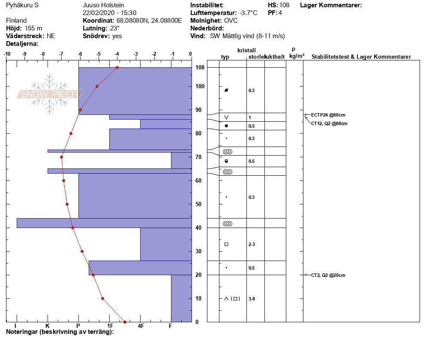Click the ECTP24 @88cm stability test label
coord(328,115)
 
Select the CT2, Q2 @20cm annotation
coord(328,275)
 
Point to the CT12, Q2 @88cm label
coord(329,123)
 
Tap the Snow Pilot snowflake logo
coord(49,94)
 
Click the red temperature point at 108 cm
coord(117,67)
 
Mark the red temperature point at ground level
coord(125,322)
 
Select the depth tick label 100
coord(200,87)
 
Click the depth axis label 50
coord(198,204)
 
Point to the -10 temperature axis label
coord(7,54)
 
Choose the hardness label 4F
coord(141,326)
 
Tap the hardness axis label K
coord(47,326)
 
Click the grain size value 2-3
coord(252,245)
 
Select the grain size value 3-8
coord(252,299)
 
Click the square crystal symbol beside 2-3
coord(226,244)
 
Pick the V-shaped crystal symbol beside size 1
coord(226,117)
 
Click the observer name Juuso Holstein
coord(103,5)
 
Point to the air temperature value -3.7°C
coord(248,13)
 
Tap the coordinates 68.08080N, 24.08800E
coord(149,21)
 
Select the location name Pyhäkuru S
coord(22,5)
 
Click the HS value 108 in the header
coord(285,5)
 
